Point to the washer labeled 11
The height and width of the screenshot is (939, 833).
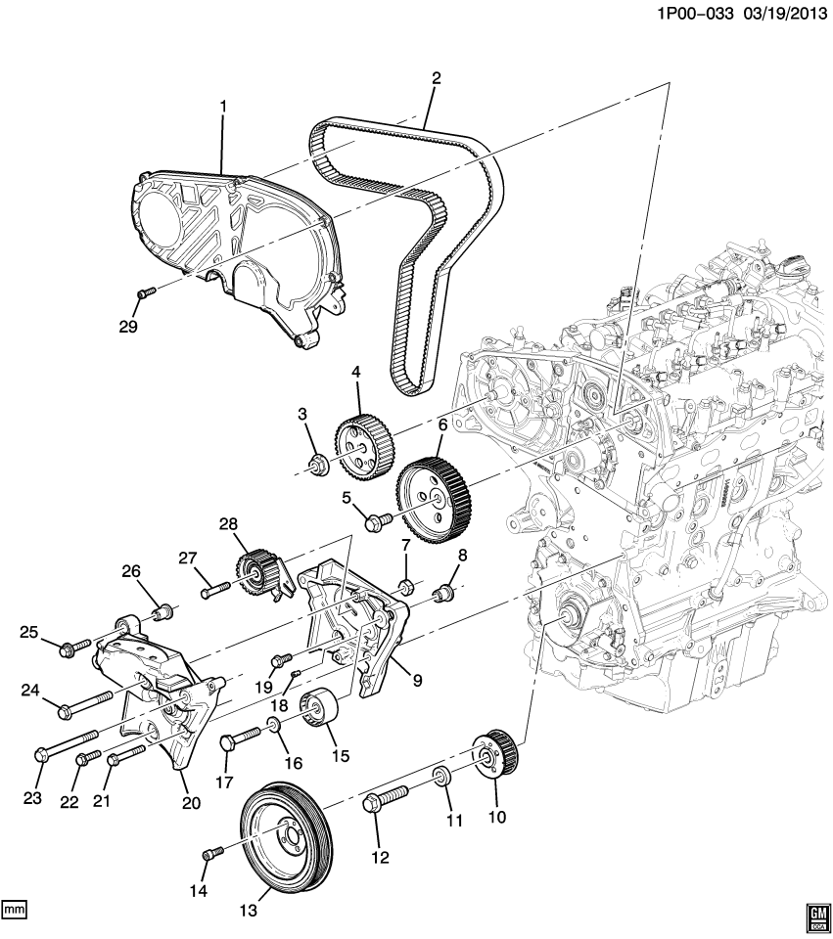pos(441,778)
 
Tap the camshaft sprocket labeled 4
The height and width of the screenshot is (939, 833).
pos(364,446)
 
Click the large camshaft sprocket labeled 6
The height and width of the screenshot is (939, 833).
pos(435,496)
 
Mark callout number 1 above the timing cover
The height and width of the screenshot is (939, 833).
pos(222,106)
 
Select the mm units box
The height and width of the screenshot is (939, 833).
pos(14,910)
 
